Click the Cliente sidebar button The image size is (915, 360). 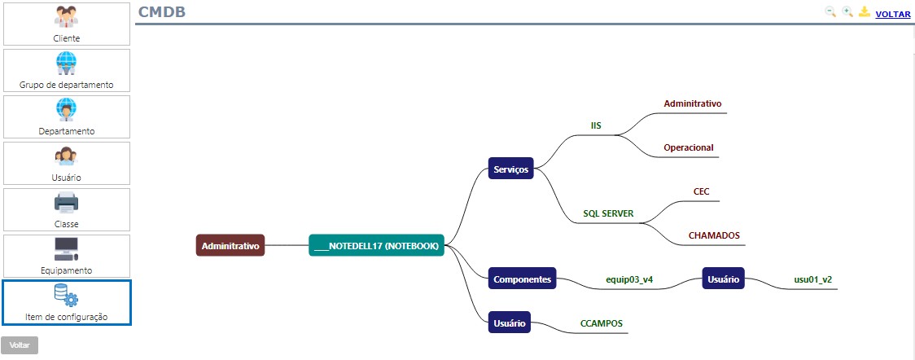click(x=66, y=24)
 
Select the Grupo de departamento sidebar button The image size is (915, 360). click(x=66, y=70)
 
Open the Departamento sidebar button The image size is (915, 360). click(x=66, y=116)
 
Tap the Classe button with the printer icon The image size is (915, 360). click(x=66, y=209)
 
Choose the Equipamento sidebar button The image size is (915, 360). click(x=66, y=256)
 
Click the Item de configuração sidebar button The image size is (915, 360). click(x=66, y=302)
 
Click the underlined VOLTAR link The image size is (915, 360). click(x=892, y=14)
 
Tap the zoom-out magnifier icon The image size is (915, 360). click(x=830, y=12)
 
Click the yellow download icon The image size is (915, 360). click(x=865, y=12)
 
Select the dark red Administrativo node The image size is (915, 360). click(x=230, y=245)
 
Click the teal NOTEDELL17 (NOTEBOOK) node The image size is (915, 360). click(x=376, y=245)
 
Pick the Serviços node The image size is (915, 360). click(x=510, y=170)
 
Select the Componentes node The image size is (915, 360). click(x=522, y=279)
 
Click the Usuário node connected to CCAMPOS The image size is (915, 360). click(x=510, y=323)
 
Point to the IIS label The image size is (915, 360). click(x=596, y=125)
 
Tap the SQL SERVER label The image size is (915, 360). click(x=608, y=213)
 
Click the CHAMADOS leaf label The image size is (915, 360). click(x=714, y=235)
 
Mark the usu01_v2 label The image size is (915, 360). click(x=812, y=279)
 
